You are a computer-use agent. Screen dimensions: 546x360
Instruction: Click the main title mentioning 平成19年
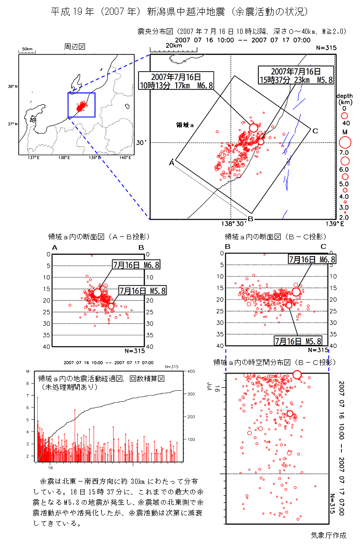180,11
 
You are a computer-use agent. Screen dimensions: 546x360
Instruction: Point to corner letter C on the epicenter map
315,131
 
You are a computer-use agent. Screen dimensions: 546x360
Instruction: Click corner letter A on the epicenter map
171,163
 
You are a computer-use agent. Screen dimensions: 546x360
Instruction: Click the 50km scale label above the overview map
27,49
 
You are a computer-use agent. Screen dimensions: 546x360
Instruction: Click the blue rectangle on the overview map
82,105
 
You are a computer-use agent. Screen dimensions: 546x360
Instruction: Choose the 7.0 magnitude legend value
344,152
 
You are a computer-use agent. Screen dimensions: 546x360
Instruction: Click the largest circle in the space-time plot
297,375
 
